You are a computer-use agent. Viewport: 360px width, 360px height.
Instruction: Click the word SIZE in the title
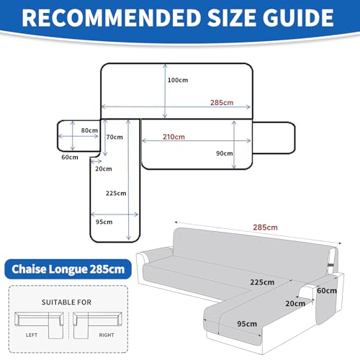(232, 18)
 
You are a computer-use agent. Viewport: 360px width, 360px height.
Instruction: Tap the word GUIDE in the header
(298, 18)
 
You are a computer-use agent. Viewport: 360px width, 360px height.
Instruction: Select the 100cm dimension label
(178, 80)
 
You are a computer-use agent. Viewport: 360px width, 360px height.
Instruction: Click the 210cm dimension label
(174, 137)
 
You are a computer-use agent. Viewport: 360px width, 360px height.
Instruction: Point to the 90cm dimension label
(225, 153)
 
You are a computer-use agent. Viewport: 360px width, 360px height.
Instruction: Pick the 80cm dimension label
(89, 130)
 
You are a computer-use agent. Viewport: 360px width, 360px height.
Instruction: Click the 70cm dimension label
(114, 137)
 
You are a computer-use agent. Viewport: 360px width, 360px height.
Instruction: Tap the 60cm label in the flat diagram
(70, 157)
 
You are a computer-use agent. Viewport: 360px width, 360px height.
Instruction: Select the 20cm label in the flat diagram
(104, 168)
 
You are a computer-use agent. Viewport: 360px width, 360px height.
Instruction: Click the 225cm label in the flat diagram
(116, 193)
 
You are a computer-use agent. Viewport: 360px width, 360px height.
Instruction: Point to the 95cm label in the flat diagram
(104, 222)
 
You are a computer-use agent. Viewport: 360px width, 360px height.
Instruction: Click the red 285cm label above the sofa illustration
(265, 228)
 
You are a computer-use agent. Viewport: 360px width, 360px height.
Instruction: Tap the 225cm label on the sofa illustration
(262, 282)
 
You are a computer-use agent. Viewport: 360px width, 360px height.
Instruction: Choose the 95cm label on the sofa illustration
(247, 324)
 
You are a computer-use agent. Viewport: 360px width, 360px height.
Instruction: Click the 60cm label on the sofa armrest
(327, 291)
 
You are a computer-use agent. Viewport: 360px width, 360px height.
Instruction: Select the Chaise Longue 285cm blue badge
(68, 269)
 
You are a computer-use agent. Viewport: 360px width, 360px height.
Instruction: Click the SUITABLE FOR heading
(66, 302)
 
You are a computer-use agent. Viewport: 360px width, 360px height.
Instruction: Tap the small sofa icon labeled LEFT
(39, 325)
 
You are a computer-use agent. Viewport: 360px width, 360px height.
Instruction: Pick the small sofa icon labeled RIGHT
(97, 325)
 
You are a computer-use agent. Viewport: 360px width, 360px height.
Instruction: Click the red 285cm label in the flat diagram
(222, 103)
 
